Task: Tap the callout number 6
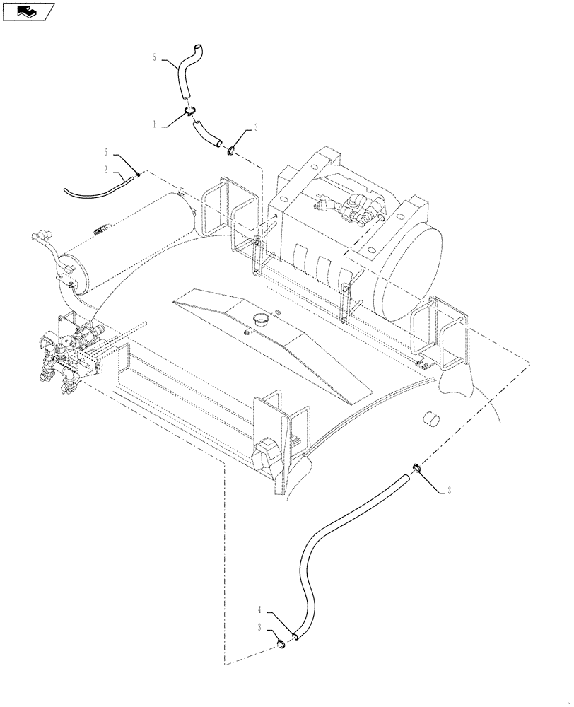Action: tap(105, 153)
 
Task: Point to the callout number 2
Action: tap(105, 170)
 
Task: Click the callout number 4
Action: tap(262, 609)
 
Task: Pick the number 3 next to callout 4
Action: tap(262, 626)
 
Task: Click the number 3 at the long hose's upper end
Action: tap(447, 490)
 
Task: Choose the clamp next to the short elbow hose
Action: tap(231, 149)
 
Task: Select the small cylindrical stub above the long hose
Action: tap(430, 420)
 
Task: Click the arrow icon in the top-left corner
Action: tap(29, 11)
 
